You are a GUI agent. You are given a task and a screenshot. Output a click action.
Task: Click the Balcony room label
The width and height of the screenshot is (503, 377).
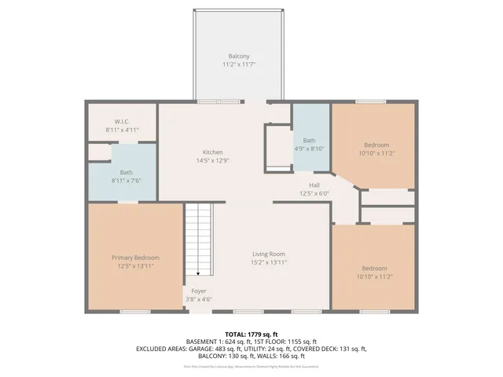click(x=239, y=56)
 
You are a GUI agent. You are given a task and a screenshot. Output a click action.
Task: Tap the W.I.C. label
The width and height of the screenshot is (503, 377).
click(x=122, y=121)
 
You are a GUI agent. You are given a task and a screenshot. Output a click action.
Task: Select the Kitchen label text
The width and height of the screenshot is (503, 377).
click(x=212, y=152)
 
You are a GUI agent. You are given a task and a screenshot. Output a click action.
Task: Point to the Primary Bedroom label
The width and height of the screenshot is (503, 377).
click(x=135, y=258)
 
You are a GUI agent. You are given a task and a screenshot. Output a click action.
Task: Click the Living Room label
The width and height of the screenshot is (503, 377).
click(x=268, y=254)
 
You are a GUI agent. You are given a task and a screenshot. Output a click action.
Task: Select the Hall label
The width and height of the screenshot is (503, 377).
click(x=314, y=185)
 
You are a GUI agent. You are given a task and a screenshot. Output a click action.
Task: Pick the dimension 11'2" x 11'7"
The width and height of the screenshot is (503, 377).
click(x=239, y=64)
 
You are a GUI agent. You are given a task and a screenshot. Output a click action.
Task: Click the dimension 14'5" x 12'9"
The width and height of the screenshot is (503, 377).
click(x=212, y=160)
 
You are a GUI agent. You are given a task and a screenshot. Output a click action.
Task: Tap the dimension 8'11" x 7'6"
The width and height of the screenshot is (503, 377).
click(x=126, y=181)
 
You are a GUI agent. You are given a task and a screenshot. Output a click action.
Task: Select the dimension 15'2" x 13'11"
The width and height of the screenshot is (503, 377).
click(x=268, y=262)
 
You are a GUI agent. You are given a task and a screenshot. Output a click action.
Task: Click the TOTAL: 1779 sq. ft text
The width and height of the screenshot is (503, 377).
click(x=251, y=334)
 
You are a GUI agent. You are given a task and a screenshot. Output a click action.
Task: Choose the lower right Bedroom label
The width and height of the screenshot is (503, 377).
click(x=373, y=269)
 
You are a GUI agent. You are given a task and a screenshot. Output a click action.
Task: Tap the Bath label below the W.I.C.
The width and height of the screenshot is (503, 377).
click(x=126, y=173)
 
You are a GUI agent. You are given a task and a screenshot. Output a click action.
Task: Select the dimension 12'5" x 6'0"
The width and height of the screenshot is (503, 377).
click(x=314, y=193)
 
